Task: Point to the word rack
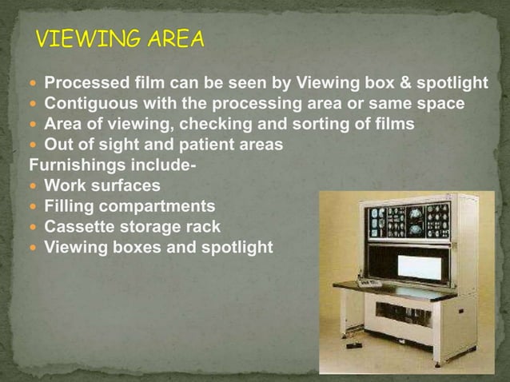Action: coord(203,227)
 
